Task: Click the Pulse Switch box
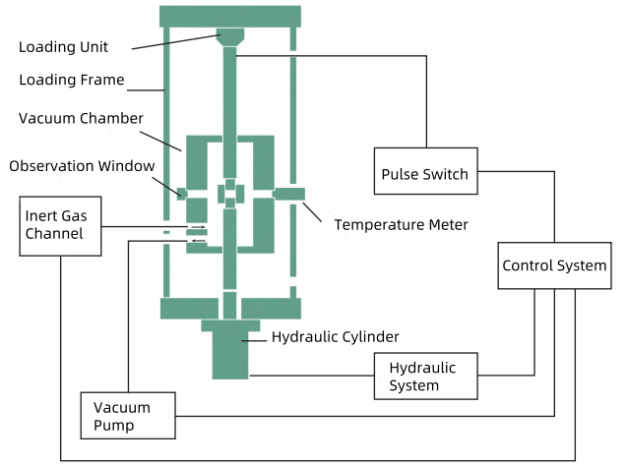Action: [x=425, y=171]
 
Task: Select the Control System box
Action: [x=554, y=265]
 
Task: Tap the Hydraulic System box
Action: [x=425, y=376]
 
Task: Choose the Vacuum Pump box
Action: [x=128, y=416]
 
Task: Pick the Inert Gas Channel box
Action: [x=60, y=226]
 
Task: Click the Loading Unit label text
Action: [x=63, y=47]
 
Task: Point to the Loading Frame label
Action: [x=72, y=80]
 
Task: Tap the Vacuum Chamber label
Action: [x=81, y=118]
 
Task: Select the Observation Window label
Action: [x=82, y=166]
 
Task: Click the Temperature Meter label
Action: [x=401, y=225]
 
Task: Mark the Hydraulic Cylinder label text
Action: [x=335, y=337]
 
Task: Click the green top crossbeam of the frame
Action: [x=230, y=17]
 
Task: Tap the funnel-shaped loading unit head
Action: [x=230, y=37]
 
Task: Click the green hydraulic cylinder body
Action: [x=230, y=349]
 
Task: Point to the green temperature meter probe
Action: [x=288, y=194]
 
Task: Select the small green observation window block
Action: [x=182, y=194]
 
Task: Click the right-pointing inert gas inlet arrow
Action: [x=198, y=227]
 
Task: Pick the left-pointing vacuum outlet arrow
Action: [x=199, y=241]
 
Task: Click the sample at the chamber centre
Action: [x=230, y=194]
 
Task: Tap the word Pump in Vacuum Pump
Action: [x=114, y=426]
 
